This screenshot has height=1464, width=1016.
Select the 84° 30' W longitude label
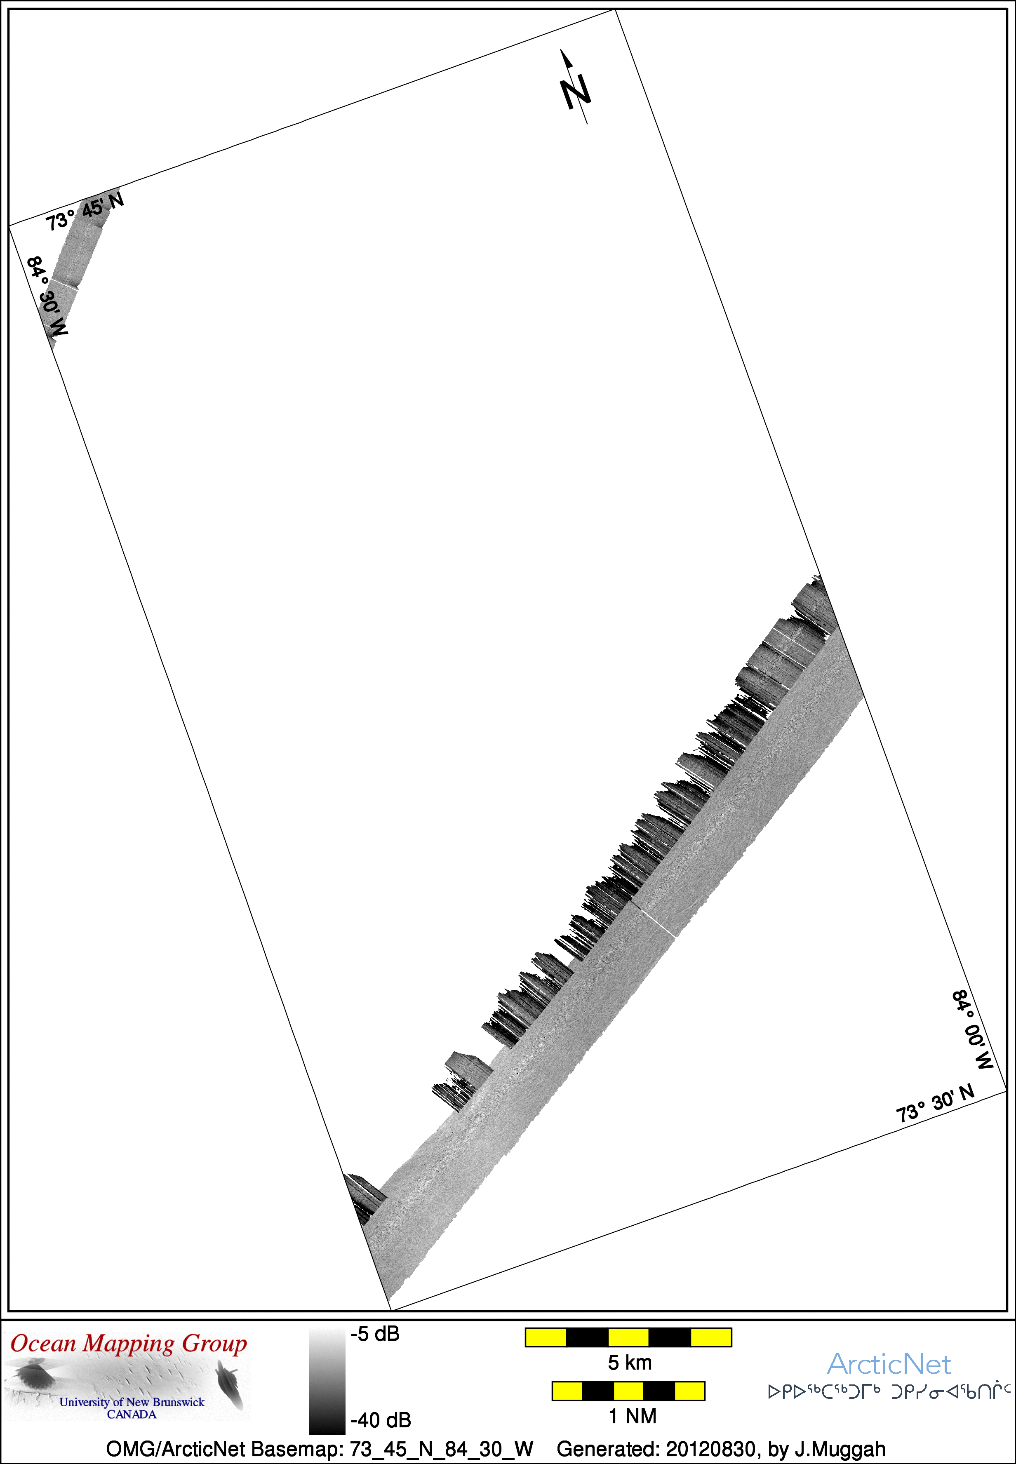(x=47, y=296)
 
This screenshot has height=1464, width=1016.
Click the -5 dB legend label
(x=375, y=1334)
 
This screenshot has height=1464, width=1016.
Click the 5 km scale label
(x=630, y=1363)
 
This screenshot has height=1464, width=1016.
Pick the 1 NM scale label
(x=632, y=1416)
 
